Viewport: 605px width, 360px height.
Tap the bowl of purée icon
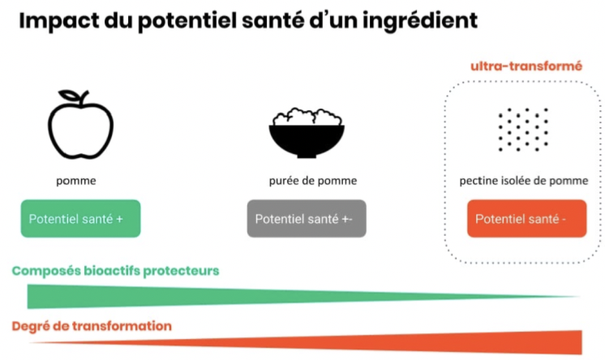pos(306,134)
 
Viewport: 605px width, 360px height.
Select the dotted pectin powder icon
pos(523,130)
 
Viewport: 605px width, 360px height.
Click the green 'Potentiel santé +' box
pos(80,219)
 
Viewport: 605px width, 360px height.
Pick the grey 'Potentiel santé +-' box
pos(307,219)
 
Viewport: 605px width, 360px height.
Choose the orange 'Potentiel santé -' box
pos(526,219)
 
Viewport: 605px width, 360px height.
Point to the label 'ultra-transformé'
pos(526,66)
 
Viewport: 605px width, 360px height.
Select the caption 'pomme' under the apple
pos(76,181)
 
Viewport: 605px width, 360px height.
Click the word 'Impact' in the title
pos(62,21)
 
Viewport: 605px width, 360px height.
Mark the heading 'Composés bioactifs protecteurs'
pos(115,271)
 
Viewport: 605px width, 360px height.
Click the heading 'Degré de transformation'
pos(91,326)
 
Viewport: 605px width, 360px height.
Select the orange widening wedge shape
pos(487,341)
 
